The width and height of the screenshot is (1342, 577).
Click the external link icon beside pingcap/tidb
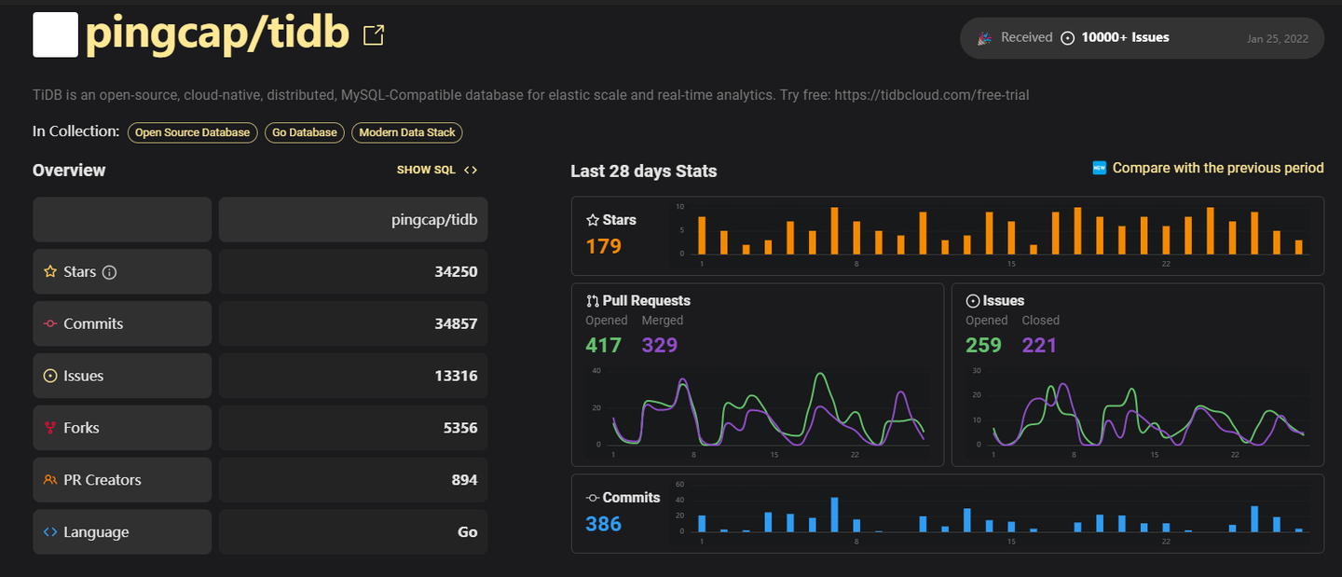pos(374,35)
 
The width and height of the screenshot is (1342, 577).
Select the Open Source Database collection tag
pos(193,132)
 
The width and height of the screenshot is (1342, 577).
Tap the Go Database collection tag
pos(305,132)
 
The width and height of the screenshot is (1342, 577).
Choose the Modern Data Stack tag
pos(407,132)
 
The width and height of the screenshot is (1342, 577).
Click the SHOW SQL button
pos(437,170)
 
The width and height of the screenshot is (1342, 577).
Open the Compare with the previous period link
pos(1217,168)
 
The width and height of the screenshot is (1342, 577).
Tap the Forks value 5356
pos(460,429)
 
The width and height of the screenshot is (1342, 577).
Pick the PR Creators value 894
pos(464,481)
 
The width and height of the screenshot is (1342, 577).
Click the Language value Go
pos(467,533)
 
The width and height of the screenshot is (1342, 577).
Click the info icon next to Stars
pos(109,272)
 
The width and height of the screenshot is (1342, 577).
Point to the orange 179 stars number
pos(603,246)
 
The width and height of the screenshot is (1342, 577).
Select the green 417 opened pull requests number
pos(603,345)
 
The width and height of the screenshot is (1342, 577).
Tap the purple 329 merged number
pos(660,345)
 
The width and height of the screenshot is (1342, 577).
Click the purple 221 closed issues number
pos(1039,345)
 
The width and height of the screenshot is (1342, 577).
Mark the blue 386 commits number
pos(603,524)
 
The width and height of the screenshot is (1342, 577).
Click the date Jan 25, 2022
pos(1277,39)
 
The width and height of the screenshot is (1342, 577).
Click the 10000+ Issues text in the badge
pos(1125,37)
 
